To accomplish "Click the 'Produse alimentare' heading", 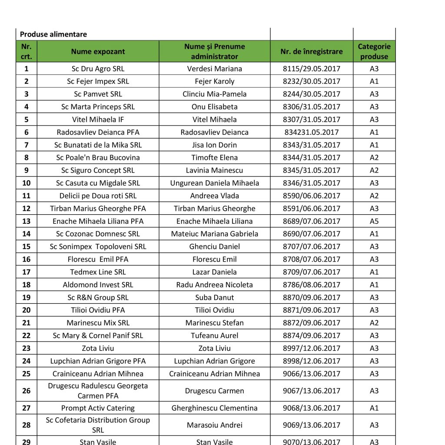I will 53,34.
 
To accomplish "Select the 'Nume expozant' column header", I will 98,51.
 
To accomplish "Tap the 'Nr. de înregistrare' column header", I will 311,51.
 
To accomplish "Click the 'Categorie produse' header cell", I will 374,51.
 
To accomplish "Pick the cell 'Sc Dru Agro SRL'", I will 98,69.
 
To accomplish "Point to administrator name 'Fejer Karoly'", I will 214,81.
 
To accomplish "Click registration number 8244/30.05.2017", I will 311,94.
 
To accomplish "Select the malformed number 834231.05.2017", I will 311,132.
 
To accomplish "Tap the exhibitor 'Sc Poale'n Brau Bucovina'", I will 98,157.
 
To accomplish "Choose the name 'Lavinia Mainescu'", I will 214,170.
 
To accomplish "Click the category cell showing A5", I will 374,221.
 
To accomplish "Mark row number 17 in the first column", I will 27,272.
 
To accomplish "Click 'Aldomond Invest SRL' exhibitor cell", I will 98,285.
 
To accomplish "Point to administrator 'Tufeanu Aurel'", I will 214,335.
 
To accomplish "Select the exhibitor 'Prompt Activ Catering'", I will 98,408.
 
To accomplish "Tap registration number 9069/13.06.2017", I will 311,425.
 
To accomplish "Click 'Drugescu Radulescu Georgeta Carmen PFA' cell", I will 98,391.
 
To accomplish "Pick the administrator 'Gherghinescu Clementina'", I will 214,408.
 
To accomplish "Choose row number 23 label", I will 27,348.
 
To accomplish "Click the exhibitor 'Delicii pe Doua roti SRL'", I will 98,196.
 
